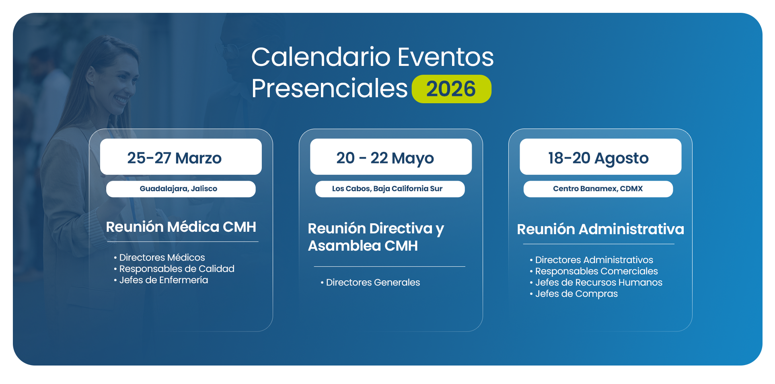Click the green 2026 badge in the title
451,89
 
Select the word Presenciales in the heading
329,89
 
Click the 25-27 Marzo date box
181,157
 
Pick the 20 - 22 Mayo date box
391,157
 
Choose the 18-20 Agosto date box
600,157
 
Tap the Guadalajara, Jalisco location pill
181,189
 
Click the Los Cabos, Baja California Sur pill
390,189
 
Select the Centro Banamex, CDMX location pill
598,189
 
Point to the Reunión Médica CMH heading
181,227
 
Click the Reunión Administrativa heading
600,229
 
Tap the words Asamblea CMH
363,246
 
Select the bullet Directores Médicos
159,257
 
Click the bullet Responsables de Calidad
174,269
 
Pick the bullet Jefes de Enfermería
161,280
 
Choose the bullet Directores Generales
370,282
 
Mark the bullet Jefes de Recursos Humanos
596,282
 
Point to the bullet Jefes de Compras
574,294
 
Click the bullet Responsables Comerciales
594,271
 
